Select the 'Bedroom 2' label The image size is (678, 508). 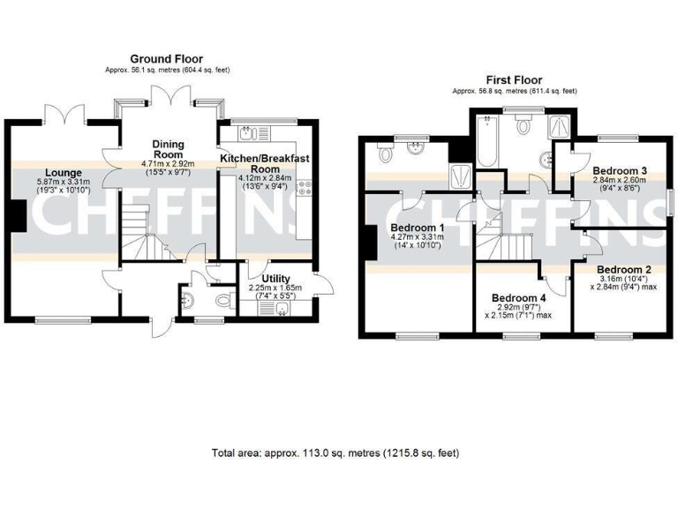tap(623, 270)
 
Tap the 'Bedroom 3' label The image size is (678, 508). tap(620, 170)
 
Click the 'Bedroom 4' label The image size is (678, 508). tap(518, 297)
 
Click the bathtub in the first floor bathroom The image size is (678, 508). tap(487, 141)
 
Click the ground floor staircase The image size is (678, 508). tap(139, 232)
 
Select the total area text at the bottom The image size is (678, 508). tap(335, 453)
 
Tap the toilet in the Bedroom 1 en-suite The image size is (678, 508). tap(384, 154)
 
